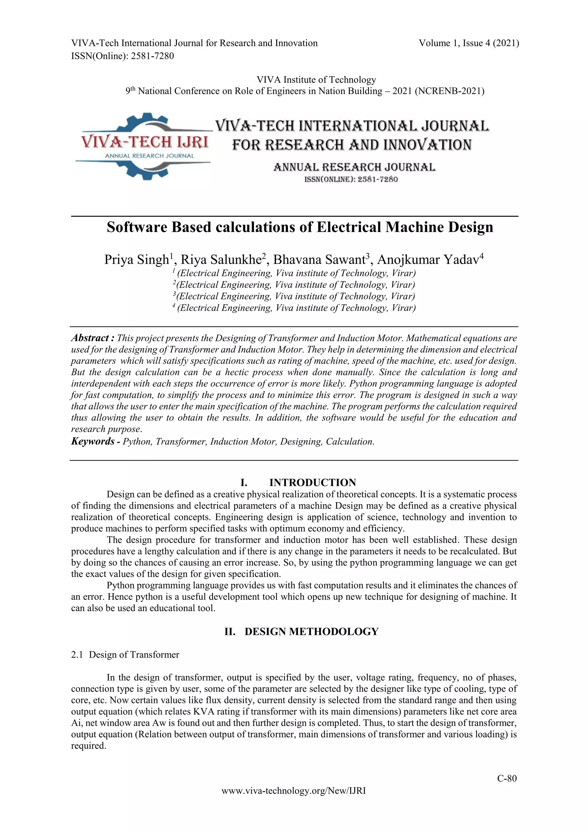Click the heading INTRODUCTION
(312, 482)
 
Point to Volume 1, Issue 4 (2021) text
(469, 43)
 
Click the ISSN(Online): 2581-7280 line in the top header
(122, 56)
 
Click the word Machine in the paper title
(414, 228)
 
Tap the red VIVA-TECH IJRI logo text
(145, 142)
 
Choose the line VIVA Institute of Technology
(316, 79)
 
